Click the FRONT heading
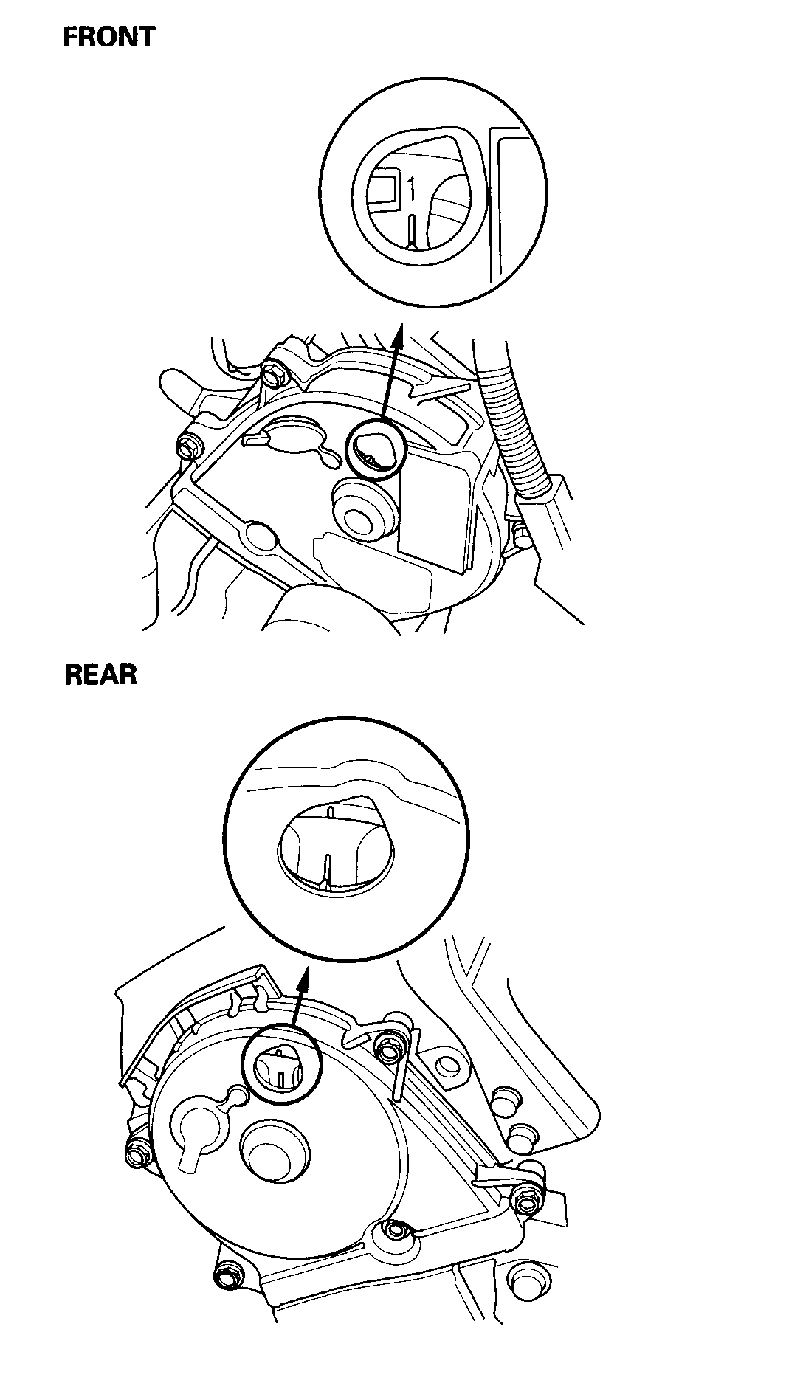(x=108, y=37)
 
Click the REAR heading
(x=101, y=675)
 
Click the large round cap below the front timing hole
(x=361, y=511)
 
